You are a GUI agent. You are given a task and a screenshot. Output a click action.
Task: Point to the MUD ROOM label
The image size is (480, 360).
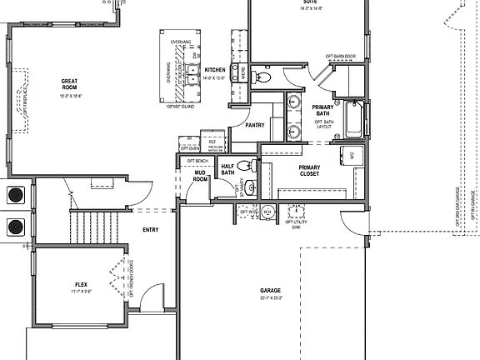click(200, 176)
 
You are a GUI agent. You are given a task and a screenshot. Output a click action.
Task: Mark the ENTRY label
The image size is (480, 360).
click(151, 230)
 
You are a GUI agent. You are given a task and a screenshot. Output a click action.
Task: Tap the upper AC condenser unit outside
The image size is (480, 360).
click(14, 195)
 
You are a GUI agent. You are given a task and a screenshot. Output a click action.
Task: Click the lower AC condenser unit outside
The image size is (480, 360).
click(14, 227)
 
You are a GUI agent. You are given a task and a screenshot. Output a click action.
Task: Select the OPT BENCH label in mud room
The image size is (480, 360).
click(197, 160)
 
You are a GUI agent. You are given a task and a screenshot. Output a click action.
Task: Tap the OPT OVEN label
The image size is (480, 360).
click(188, 148)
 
